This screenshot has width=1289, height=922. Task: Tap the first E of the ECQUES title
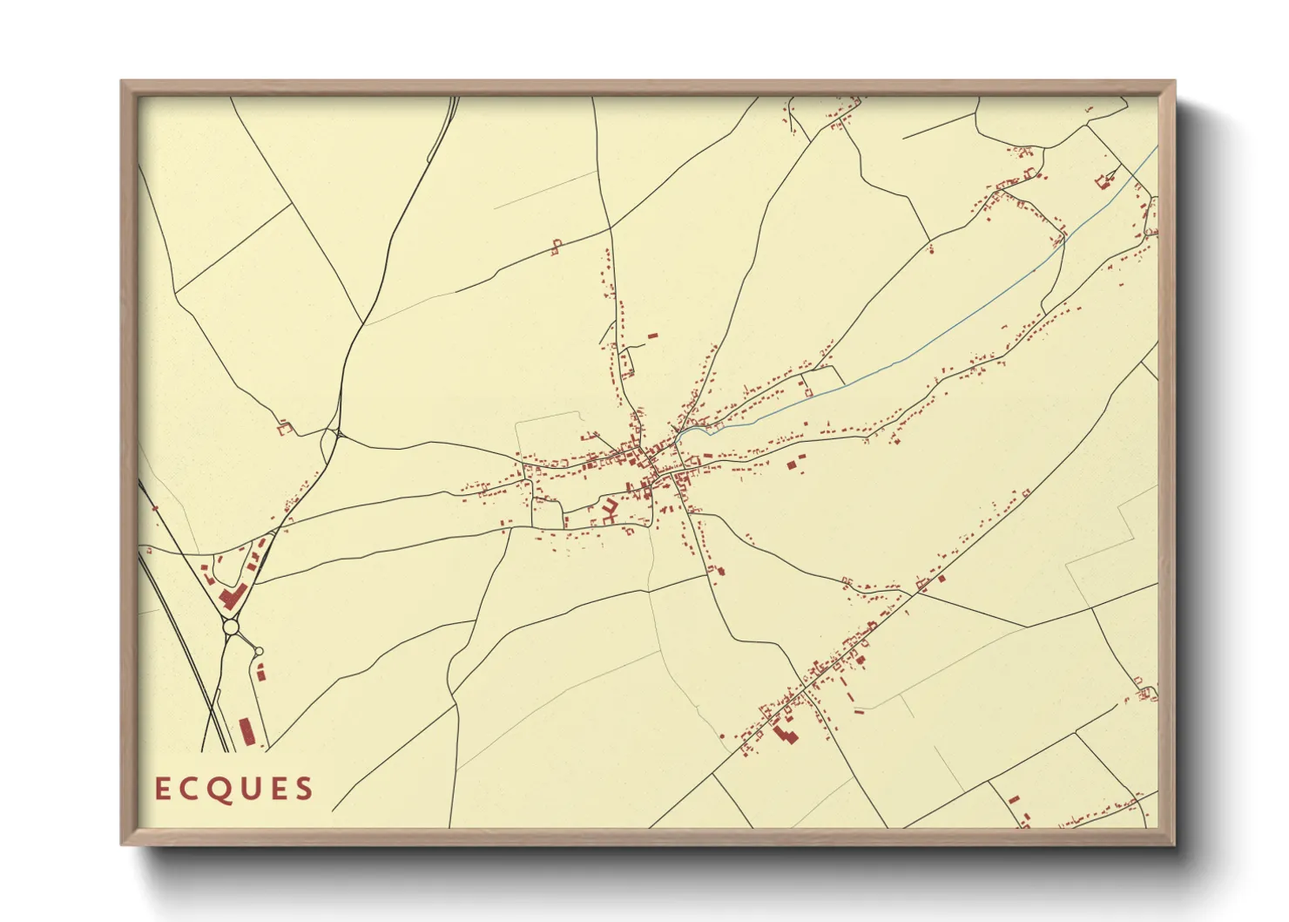(x=162, y=789)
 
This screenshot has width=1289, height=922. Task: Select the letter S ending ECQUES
(x=304, y=790)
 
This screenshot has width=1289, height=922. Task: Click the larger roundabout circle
(x=231, y=627)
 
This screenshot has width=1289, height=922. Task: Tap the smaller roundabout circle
(x=259, y=651)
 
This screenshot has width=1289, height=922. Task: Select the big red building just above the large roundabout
(x=232, y=597)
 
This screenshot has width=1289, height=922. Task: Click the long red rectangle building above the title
(x=246, y=731)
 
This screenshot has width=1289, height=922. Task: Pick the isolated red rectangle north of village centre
(x=652, y=335)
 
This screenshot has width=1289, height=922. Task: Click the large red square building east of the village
(x=792, y=465)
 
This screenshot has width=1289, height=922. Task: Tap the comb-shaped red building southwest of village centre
(x=609, y=511)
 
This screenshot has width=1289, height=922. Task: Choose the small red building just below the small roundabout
(x=260, y=671)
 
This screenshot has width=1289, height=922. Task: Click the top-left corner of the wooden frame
(x=122, y=82)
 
